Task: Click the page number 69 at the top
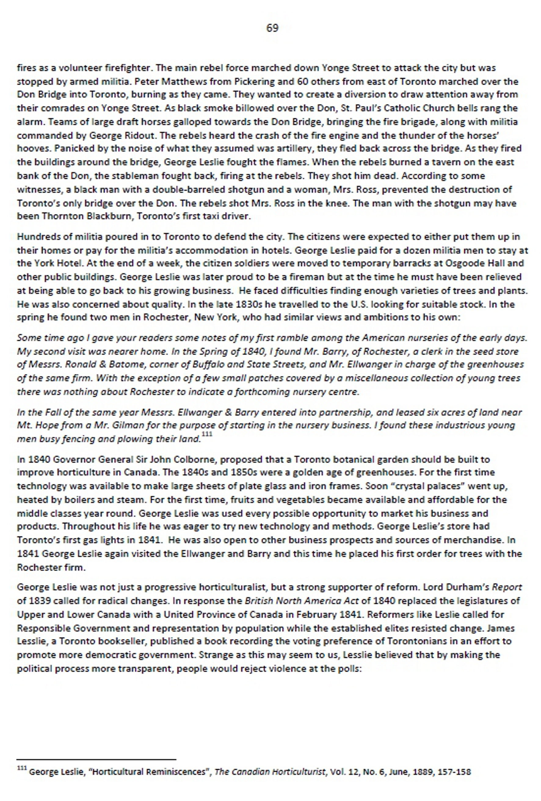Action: point(272,28)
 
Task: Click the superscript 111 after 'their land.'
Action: point(207,435)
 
